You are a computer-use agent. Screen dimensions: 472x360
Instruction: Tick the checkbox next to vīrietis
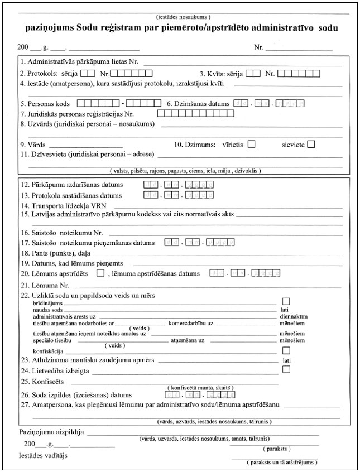pyautogui.click(x=251, y=145)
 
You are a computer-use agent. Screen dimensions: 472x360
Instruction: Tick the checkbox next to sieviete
pyautogui.click(x=311, y=145)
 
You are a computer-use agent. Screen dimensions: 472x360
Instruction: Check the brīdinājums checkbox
pyautogui.click(x=286, y=302)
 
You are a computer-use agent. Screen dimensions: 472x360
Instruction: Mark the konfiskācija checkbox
pyautogui.click(x=286, y=350)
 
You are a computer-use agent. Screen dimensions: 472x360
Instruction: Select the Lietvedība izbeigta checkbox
pyautogui.click(x=286, y=370)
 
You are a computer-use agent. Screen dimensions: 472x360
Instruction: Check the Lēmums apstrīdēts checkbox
pyautogui.click(x=100, y=273)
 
